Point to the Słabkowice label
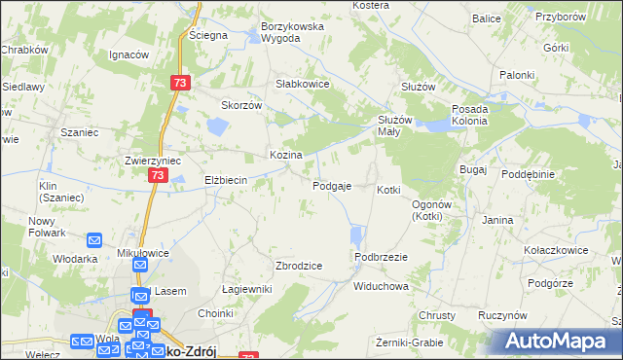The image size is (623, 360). tap(303, 84)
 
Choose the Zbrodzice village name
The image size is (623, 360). tap(300, 266)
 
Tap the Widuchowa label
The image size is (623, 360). tap(381, 287)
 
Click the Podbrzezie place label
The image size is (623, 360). tap(381, 256)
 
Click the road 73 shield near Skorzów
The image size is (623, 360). tap(178, 84)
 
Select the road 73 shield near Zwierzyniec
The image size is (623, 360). tap(158, 175)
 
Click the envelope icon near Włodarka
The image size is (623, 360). tap(94, 240)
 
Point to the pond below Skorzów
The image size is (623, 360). tap(216, 126)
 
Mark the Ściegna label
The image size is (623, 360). tap(208, 35)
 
